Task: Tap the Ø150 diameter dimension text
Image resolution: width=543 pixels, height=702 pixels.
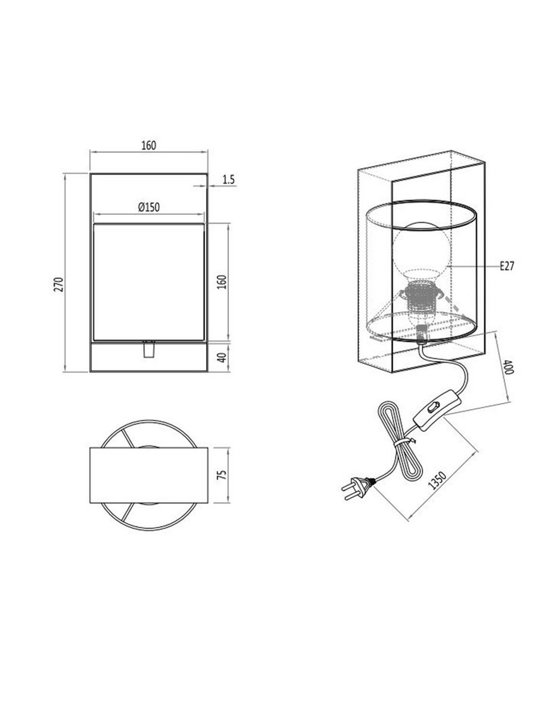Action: [x=149, y=207]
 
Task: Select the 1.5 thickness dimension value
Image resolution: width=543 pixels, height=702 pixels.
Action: [x=228, y=180]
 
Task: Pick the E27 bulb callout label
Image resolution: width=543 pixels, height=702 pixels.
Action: [x=507, y=267]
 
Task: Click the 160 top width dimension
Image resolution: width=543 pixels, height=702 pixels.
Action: [x=149, y=145]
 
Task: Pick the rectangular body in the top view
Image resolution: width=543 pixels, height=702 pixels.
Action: [x=149, y=475]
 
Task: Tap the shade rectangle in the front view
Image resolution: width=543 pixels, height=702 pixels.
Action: [x=149, y=282]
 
